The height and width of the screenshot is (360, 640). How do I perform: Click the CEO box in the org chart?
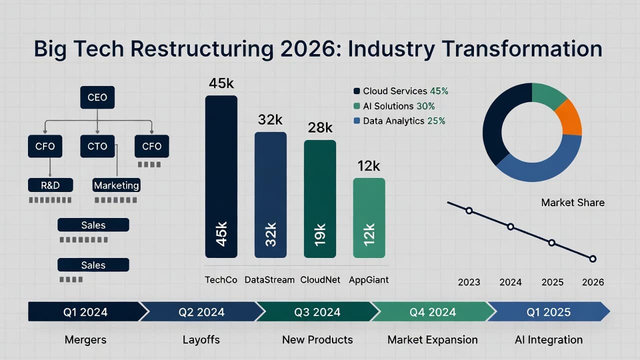(97, 97)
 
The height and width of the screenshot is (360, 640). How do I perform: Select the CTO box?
(97, 146)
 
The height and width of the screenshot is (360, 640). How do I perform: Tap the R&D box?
(50, 185)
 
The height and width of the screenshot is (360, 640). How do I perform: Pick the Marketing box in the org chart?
(116, 185)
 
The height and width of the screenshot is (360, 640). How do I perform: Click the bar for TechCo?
(221, 176)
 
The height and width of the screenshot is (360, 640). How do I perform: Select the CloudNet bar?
(320, 199)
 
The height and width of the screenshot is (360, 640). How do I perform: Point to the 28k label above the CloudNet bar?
(320, 127)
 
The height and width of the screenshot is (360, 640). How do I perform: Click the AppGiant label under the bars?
(368, 280)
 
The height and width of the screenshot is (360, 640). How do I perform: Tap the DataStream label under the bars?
(269, 279)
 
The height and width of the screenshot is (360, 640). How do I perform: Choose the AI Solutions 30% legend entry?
(394, 106)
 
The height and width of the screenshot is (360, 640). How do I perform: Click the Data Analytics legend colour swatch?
(356, 121)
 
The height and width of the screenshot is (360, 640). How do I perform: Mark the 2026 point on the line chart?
(593, 259)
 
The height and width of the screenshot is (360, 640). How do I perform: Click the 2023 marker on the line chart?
(469, 211)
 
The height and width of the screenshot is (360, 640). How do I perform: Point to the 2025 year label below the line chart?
(552, 282)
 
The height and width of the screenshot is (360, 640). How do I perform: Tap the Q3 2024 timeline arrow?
(317, 311)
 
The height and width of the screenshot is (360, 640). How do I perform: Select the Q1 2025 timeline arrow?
(548, 311)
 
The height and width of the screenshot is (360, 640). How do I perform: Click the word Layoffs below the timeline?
(201, 339)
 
